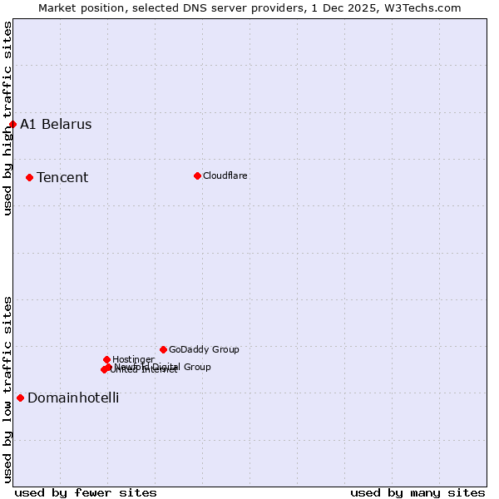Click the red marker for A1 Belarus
[12, 125]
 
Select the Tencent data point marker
[29, 177]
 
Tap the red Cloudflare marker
[197, 175]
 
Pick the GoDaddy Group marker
[163, 349]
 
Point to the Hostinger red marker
[106, 359]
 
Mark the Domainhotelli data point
[20, 398]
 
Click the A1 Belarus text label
[56, 125]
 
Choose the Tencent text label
[62, 177]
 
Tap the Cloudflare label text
[225, 175]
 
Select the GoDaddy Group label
[204, 349]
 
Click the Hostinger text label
[133, 359]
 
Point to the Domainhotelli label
[73, 398]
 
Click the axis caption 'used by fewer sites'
[86, 492]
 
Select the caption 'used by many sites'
[417, 492]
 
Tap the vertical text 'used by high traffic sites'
[7, 118]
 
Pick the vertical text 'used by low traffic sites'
[7, 388]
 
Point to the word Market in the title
[57, 7]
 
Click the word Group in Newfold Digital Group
[196, 367]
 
